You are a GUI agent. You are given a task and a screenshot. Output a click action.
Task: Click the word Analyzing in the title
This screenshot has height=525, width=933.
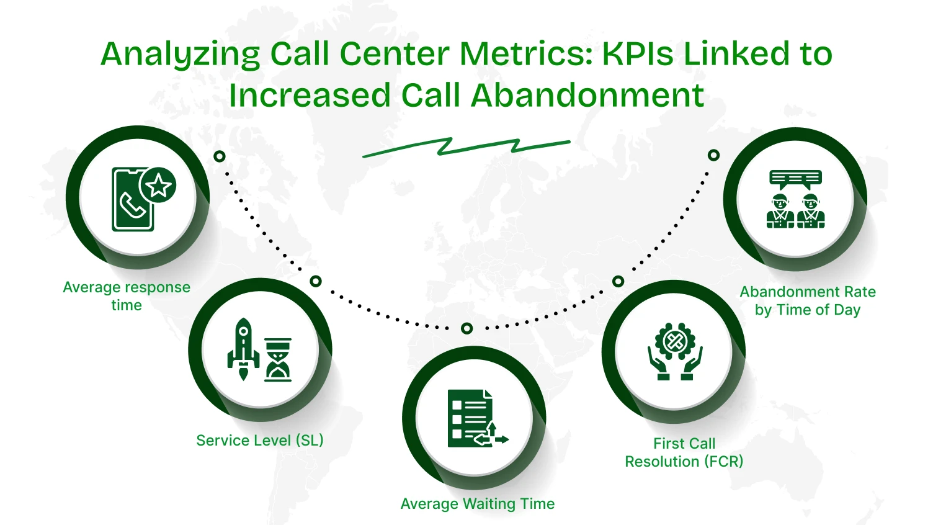[181, 55]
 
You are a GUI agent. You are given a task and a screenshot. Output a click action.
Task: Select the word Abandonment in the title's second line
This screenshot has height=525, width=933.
[587, 96]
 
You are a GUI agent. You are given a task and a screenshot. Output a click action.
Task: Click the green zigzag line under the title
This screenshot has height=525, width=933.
[466, 147]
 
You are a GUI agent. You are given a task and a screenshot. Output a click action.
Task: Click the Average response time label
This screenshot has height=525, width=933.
[127, 296]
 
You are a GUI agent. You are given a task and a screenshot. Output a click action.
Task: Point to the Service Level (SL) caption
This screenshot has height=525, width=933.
[260, 441]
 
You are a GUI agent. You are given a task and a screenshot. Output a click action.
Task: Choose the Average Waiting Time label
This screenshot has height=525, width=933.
[478, 504]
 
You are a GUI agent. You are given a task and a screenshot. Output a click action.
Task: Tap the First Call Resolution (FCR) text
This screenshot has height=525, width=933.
[684, 452]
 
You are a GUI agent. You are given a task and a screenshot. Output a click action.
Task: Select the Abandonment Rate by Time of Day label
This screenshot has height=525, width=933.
[808, 300]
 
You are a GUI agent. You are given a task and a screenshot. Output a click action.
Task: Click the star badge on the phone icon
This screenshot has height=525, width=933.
[158, 185]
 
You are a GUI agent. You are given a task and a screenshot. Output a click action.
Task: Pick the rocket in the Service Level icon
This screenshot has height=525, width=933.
[243, 349]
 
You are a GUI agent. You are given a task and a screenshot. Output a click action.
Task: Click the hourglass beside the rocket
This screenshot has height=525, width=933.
[278, 360]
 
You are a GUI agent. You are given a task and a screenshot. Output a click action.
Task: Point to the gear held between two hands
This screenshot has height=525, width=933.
[675, 341]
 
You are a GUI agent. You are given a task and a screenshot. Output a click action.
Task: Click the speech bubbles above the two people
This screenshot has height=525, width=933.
[795, 179]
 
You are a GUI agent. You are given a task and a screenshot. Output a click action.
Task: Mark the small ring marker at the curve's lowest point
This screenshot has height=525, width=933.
[467, 328]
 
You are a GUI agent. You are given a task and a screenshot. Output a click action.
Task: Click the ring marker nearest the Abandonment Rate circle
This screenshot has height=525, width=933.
[714, 155]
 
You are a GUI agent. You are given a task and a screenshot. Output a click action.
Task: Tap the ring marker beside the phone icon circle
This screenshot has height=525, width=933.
[220, 156]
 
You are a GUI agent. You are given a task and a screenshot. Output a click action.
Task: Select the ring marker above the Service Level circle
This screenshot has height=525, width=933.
[316, 281]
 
